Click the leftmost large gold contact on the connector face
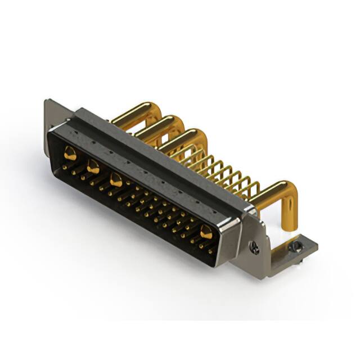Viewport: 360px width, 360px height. [70, 152]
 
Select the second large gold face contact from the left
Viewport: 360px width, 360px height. [93, 166]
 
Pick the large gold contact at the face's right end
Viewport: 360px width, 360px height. [206, 231]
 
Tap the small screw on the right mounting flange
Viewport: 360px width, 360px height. [255, 246]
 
